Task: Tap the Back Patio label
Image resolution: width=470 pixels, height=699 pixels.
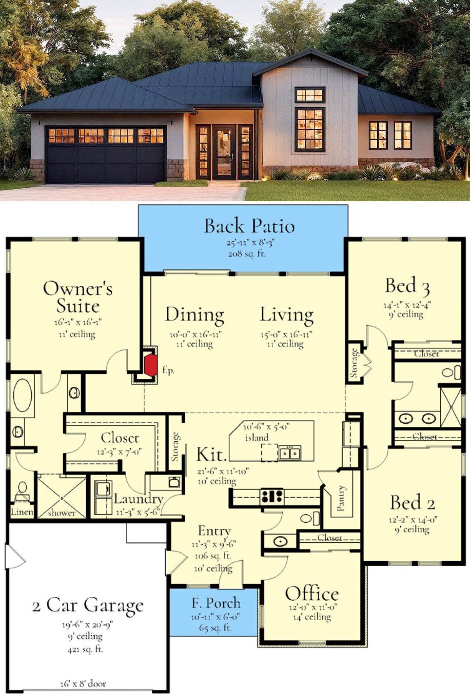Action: point(249,226)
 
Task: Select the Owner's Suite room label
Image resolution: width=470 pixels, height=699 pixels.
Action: point(78,297)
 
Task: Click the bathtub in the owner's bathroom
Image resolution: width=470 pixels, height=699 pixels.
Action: point(22,395)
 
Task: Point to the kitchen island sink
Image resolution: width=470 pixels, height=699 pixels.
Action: point(290,453)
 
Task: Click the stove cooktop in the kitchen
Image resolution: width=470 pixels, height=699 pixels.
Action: point(272,497)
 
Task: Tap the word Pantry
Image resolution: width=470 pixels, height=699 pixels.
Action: point(341,498)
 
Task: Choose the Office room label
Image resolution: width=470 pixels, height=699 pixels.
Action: point(312,594)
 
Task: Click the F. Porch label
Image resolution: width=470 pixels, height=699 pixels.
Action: point(216,603)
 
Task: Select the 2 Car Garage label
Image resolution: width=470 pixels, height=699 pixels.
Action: point(88,605)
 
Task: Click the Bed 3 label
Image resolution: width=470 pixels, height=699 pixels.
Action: point(407,286)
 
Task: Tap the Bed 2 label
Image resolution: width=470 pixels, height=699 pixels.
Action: point(412,502)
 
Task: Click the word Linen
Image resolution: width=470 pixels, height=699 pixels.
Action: point(22,512)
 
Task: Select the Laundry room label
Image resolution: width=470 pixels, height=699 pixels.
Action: point(138,499)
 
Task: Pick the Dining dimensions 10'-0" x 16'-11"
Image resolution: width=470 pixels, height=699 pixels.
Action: point(195,335)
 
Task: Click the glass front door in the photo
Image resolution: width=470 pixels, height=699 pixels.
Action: point(224,152)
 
